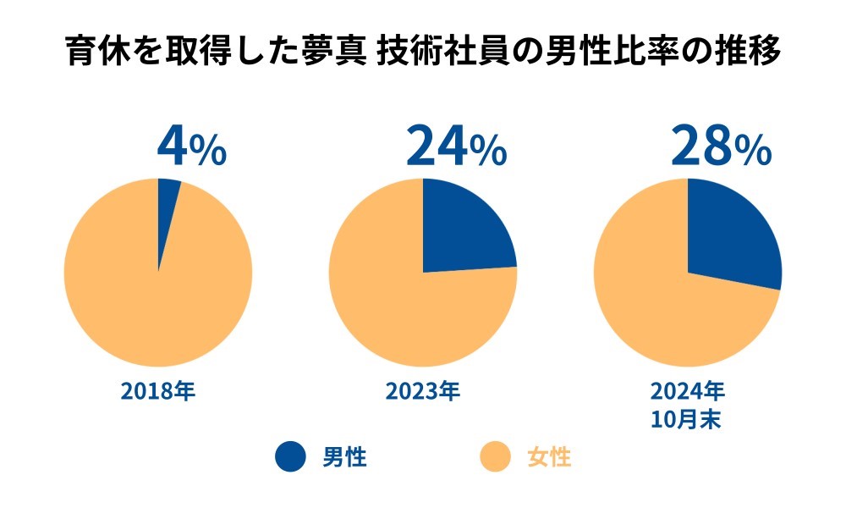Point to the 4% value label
191,147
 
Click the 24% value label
456,147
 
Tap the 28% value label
721,147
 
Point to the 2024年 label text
687,391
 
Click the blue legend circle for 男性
290,458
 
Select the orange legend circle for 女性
496,458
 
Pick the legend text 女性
550,458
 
